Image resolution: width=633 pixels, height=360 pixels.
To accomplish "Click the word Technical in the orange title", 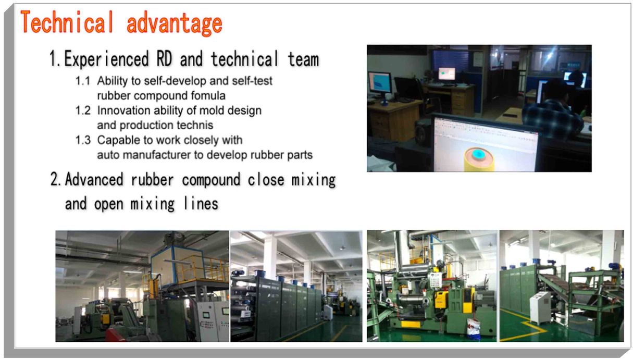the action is pyautogui.click(x=67, y=22).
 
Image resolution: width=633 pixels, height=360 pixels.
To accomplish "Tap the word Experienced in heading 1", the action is pyautogui.click(x=106, y=59).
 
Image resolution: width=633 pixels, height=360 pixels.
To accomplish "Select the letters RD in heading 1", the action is pyautogui.click(x=164, y=59).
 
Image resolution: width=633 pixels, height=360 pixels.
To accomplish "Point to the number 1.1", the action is pyautogui.click(x=82, y=81).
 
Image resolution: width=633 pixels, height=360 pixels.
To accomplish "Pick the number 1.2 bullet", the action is pyautogui.click(x=83, y=110).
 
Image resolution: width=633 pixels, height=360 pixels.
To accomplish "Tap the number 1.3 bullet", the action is pyautogui.click(x=83, y=140).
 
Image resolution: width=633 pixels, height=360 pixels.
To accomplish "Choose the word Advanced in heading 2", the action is pyautogui.click(x=94, y=180).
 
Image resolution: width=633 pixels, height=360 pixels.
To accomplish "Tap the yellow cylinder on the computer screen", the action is pyautogui.click(x=479, y=159).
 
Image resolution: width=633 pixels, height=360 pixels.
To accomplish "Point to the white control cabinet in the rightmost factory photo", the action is pyautogui.click(x=540, y=307).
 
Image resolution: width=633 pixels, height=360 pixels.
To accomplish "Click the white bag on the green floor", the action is pyautogui.click(x=474, y=329).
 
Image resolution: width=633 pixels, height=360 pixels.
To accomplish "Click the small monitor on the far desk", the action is pyautogui.click(x=447, y=74).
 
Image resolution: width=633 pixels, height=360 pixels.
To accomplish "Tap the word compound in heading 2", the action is pyautogui.click(x=211, y=180).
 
